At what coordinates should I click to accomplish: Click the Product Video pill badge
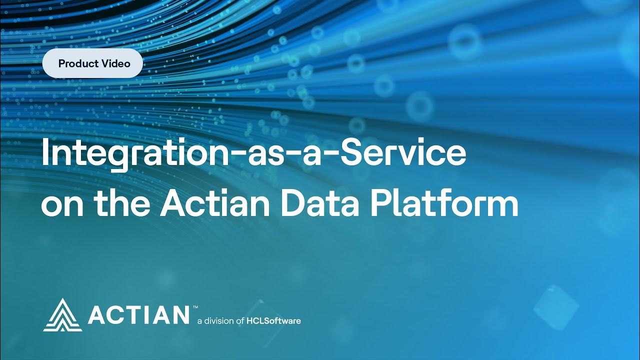pos(93,63)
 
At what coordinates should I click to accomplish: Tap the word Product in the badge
pos(76,63)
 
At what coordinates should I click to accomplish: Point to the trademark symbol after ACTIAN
pos(195,306)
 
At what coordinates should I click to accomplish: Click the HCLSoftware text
pos(274,320)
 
